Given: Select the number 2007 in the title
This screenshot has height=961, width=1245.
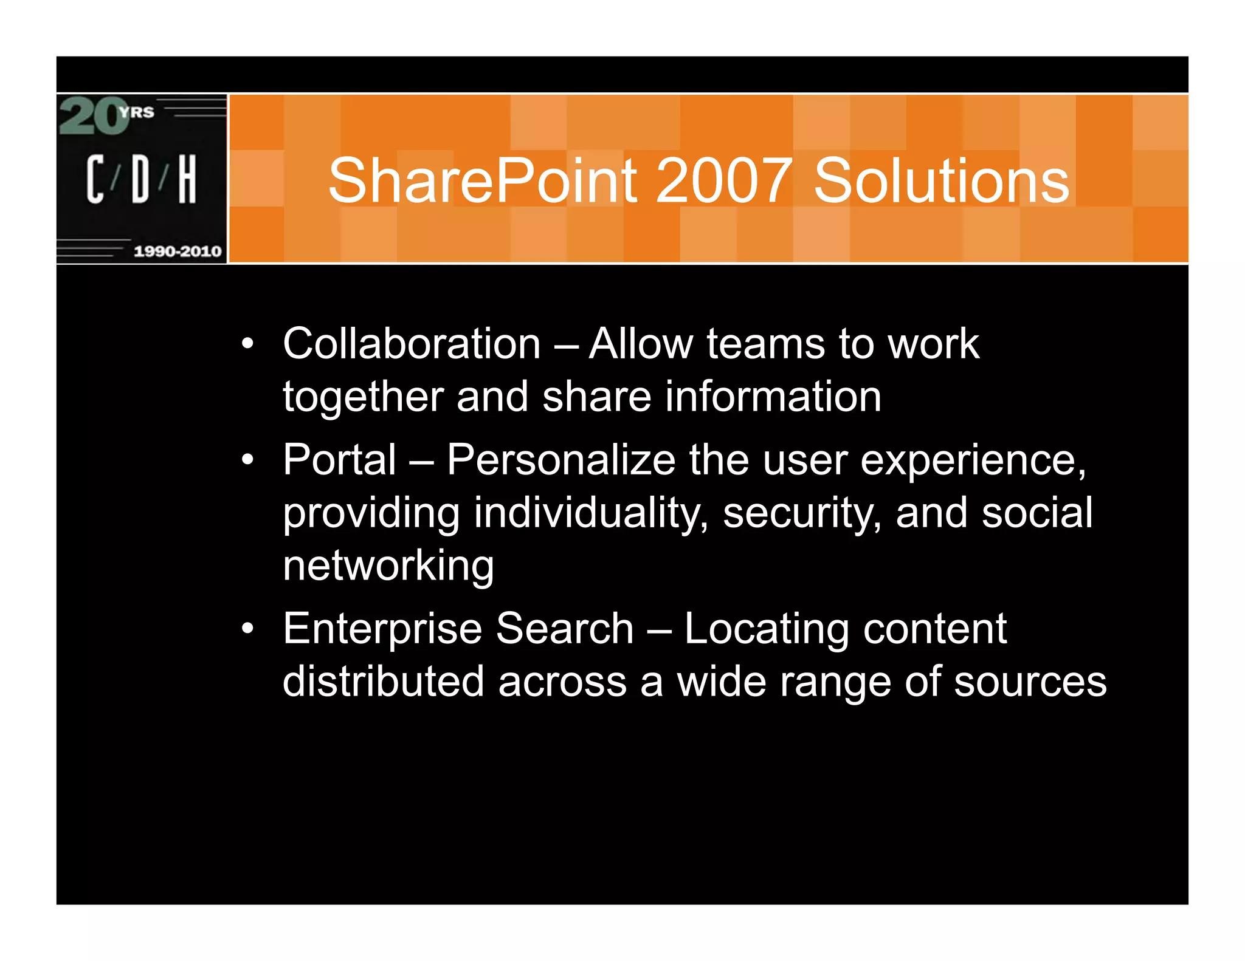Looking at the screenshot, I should pos(724,180).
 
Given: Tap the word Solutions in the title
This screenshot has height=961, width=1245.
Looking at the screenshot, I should pos(941,180).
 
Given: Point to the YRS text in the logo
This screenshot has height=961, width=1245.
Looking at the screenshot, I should pos(136,112).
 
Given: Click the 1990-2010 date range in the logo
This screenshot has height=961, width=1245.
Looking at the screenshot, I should pos(178,251).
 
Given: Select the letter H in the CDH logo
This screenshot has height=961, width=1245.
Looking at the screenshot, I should pos(187,179).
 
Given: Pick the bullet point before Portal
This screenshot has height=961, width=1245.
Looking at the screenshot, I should pos(247,460).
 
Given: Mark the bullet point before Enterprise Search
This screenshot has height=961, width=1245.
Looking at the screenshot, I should pos(247,629).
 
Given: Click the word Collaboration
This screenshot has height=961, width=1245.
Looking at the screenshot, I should pos(412,344).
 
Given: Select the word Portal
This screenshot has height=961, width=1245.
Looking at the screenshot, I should pos(339,460).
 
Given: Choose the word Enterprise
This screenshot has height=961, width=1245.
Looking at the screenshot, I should pos(382,629).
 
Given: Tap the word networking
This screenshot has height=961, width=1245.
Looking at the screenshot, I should pos(388,566).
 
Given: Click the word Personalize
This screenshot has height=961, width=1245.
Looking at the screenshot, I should pos(560,460).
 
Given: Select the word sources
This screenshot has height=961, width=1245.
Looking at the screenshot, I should pos(1030,682).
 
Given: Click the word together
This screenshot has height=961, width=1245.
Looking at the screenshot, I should pos(362,397).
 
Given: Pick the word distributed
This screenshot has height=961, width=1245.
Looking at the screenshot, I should pos(383,681).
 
